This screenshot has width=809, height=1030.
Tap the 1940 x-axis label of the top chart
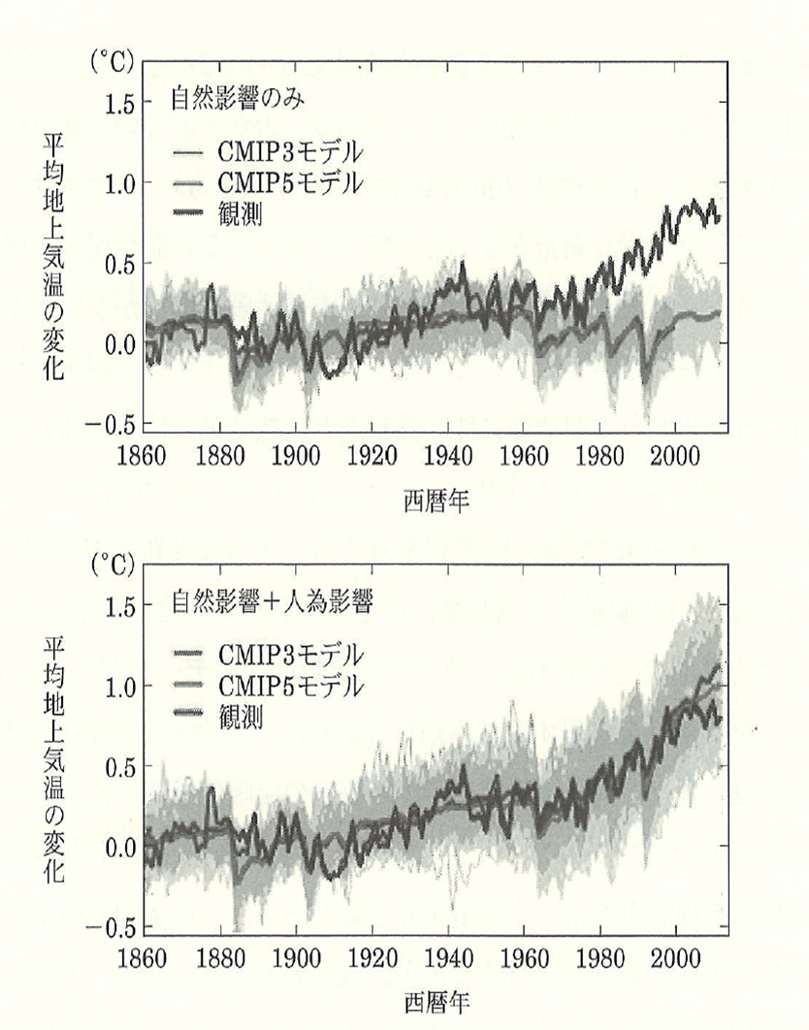[448, 457]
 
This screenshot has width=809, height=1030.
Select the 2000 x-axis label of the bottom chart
[674, 960]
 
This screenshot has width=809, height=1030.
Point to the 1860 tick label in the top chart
[145, 457]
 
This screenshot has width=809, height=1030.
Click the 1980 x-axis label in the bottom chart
[599, 960]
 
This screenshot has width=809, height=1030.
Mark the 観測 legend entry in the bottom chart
[242, 718]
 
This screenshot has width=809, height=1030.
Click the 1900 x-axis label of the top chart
[297, 457]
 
